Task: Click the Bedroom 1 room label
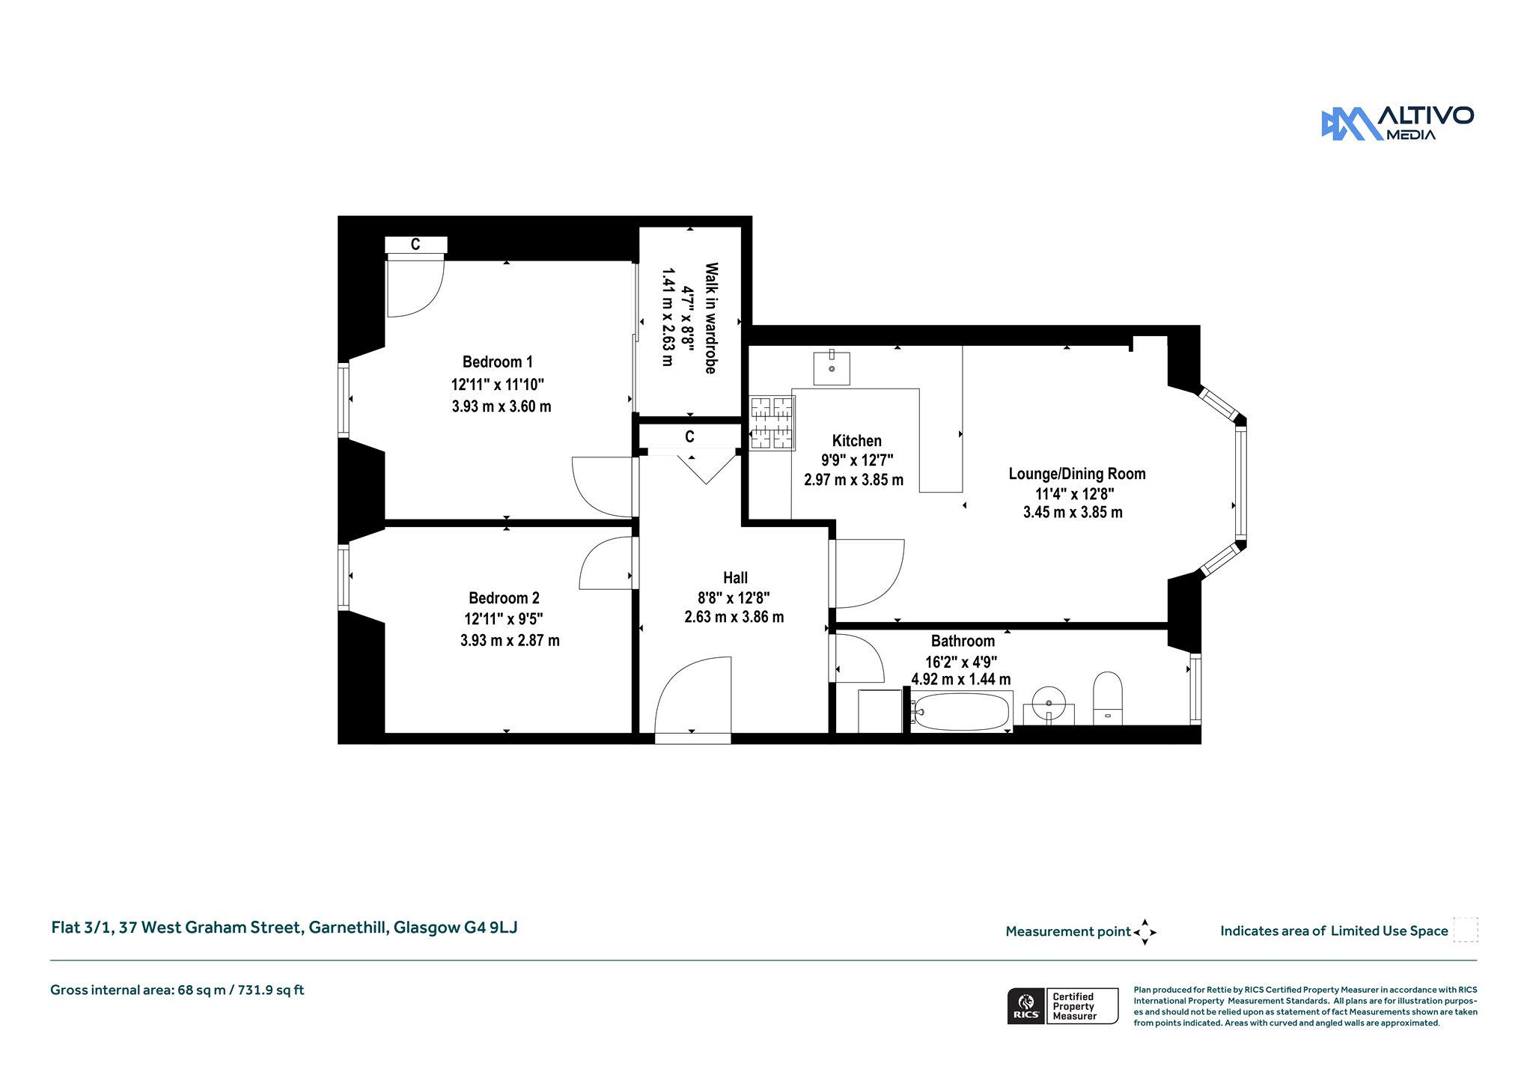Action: click(x=498, y=362)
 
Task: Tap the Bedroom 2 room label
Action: click(x=504, y=598)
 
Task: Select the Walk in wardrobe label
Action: click(x=711, y=318)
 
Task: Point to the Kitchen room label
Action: click(x=857, y=441)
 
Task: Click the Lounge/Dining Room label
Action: click(x=1077, y=474)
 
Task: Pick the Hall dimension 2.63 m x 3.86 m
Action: click(x=734, y=617)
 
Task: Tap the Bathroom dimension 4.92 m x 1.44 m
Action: click(x=961, y=680)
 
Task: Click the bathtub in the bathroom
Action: click(x=962, y=711)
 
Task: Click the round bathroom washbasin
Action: click(x=1049, y=704)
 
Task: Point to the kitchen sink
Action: click(x=832, y=368)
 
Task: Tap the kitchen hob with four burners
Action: click(x=772, y=423)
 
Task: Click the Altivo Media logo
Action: click(x=1398, y=124)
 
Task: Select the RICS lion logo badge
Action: click(x=1025, y=1006)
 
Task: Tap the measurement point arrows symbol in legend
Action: click(x=1145, y=932)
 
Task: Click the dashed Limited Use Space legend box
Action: click(x=1466, y=930)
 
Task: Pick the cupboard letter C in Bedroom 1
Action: click(x=415, y=245)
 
